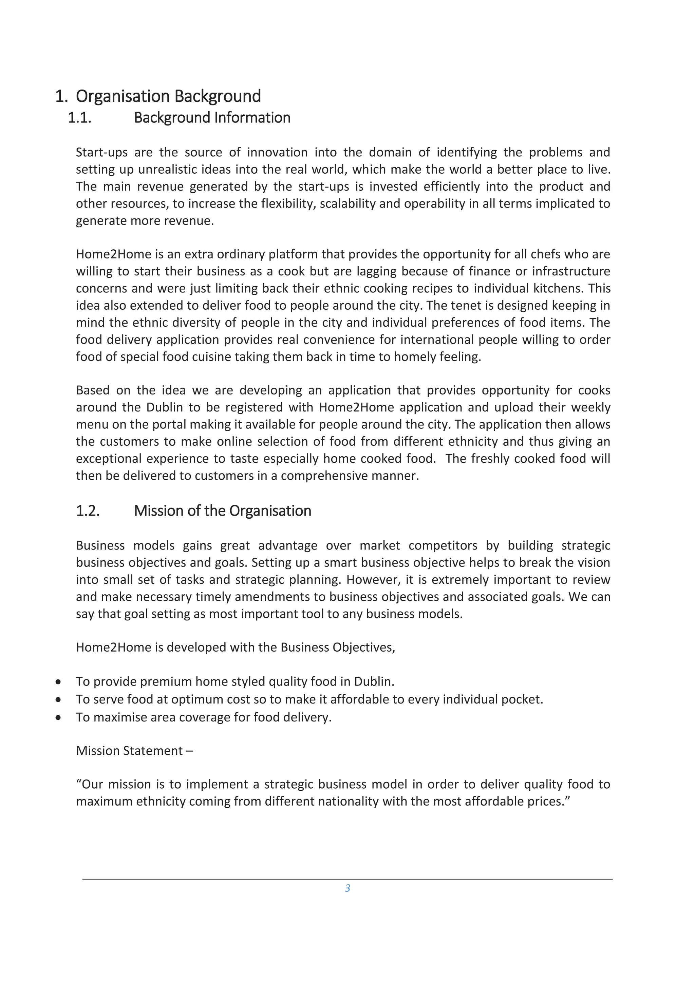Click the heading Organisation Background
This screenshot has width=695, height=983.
click(168, 96)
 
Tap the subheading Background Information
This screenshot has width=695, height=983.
click(212, 118)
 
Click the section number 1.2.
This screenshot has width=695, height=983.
click(88, 511)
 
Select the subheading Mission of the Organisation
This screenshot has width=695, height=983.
click(222, 511)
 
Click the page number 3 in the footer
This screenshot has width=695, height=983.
click(347, 888)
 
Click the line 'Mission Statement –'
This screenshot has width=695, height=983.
click(134, 751)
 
